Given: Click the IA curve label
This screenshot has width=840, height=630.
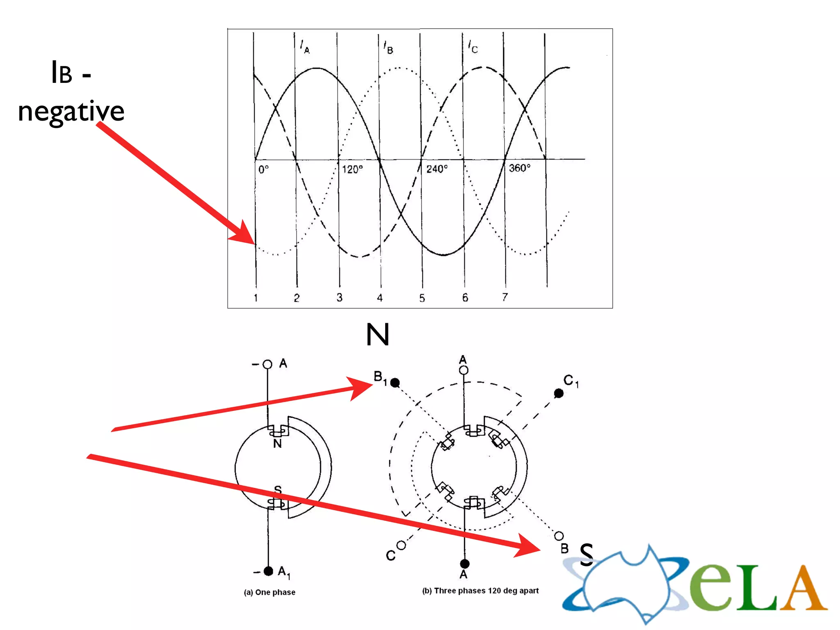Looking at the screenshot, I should [x=305, y=47].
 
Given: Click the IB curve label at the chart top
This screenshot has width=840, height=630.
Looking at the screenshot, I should [x=388, y=48].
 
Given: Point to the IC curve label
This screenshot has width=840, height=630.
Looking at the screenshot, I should [x=473, y=47].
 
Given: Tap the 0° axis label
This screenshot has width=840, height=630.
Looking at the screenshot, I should [x=264, y=169].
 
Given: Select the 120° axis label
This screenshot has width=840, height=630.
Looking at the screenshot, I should [x=352, y=169].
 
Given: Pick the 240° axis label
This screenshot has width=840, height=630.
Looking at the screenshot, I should [x=437, y=169].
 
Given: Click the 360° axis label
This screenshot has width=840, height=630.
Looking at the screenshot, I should [x=520, y=168].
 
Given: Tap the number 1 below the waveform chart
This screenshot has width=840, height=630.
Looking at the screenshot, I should [x=256, y=298].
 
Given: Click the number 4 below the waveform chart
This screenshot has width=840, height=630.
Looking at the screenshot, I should [x=380, y=298].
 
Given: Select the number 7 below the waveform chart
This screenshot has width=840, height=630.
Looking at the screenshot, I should [x=505, y=297].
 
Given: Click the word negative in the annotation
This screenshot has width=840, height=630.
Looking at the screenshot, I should [x=71, y=112].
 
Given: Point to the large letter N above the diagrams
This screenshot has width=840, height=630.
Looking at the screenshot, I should [x=377, y=335].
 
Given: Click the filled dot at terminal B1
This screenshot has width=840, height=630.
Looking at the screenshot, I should [x=395, y=383].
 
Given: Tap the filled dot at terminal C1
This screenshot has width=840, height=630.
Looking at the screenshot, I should [x=558, y=393].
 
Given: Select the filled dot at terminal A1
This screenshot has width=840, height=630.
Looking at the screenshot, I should [x=268, y=571].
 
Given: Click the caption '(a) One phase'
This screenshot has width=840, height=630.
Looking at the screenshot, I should [x=269, y=592].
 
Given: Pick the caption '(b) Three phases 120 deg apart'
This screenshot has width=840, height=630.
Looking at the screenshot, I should [x=480, y=591].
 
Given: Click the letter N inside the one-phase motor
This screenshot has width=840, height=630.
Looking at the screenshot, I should [x=278, y=443].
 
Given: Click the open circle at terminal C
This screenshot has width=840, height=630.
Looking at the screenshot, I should [x=401, y=545].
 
